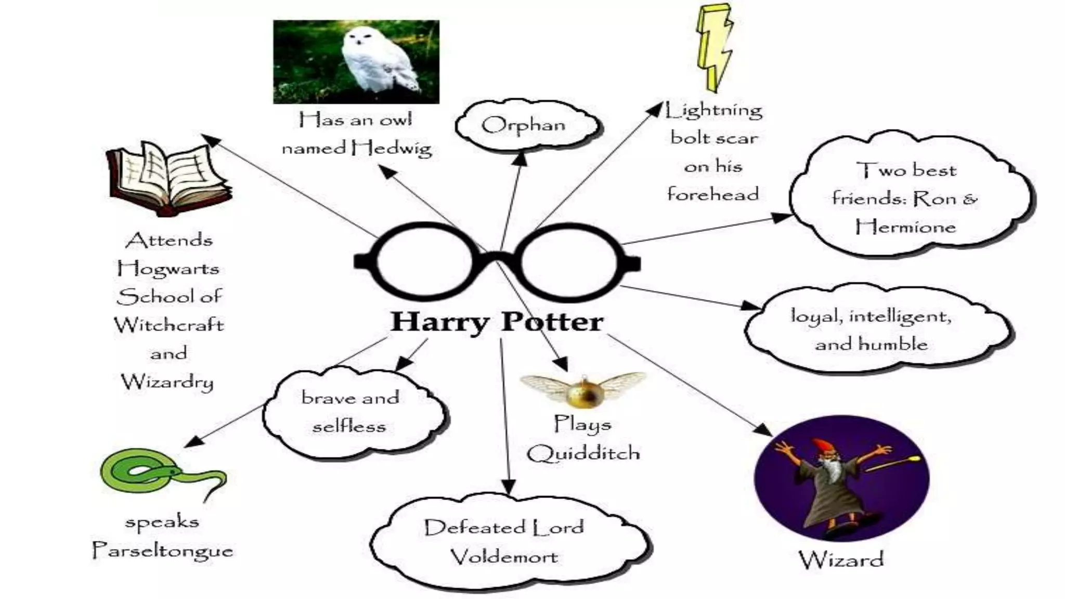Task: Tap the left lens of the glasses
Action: [x=425, y=262]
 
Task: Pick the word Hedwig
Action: [x=391, y=149]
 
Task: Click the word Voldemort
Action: [x=504, y=557]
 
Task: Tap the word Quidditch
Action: [x=583, y=453]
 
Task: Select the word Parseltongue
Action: [x=163, y=551]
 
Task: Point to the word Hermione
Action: [x=906, y=227]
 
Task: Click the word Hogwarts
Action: [x=168, y=269]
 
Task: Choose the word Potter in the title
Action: [x=552, y=321]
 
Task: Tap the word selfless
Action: [x=349, y=426]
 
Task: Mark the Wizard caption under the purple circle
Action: [x=841, y=559]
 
